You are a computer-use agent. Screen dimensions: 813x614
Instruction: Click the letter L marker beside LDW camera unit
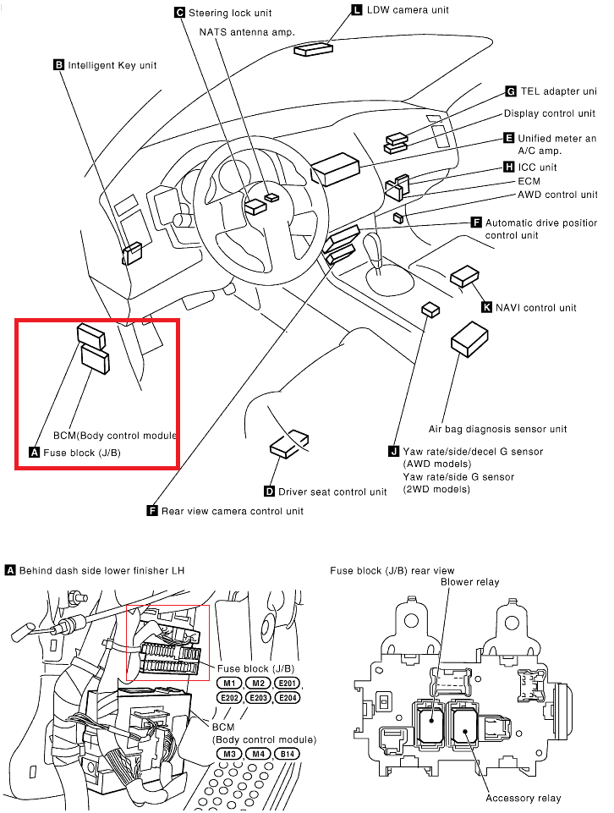(x=355, y=10)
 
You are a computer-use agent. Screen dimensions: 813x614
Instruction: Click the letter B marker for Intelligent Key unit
(x=59, y=64)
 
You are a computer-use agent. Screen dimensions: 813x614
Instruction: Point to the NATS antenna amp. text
(x=246, y=31)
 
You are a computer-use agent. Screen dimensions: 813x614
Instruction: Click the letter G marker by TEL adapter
(x=511, y=91)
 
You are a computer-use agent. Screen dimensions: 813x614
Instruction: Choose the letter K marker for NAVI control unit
(x=486, y=307)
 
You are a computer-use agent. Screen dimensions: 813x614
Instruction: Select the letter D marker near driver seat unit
(x=269, y=492)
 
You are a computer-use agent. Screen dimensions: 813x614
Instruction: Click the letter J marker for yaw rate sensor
(x=393, y=452)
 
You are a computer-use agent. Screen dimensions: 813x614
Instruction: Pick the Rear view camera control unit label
(x=232, y=511)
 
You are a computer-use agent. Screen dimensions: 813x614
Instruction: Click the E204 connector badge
(x=288, y=698)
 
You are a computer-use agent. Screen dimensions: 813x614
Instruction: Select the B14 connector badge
(x=288, y=754)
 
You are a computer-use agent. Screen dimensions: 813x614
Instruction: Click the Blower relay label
(x=469, y=582)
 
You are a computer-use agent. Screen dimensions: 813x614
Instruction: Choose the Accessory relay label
(x=523, y=798)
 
